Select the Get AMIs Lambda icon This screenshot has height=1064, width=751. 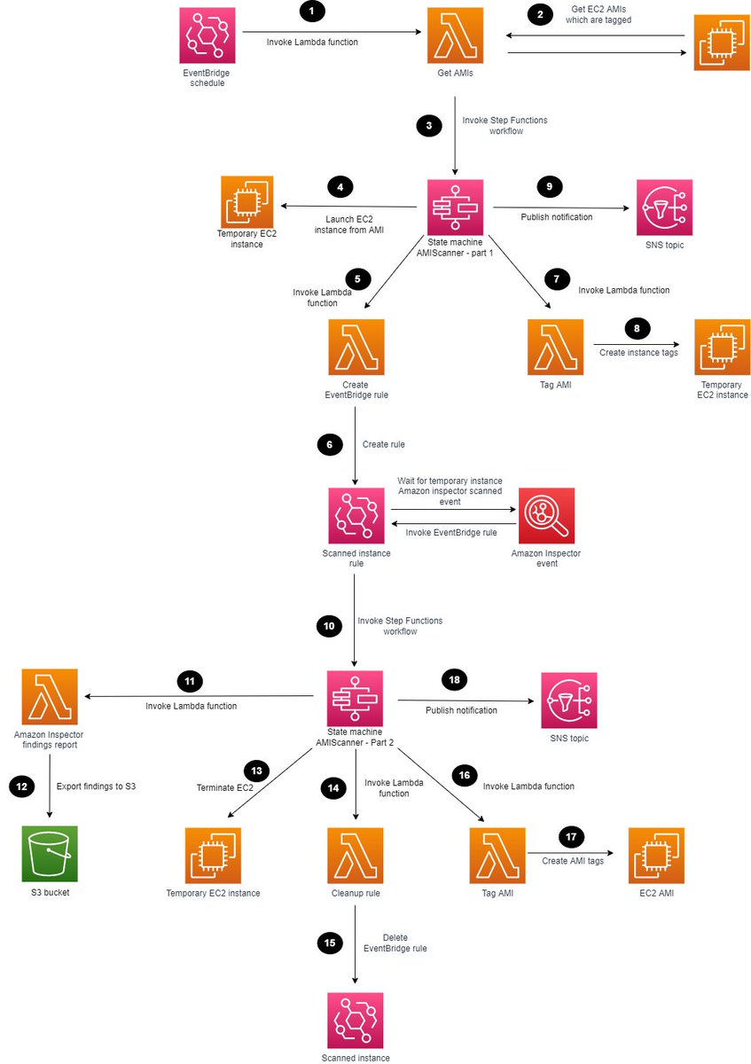click(x=455, y=35)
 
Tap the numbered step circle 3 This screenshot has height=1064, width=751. click(x=429, y=126)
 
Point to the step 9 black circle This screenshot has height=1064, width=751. click(x=550, y=187)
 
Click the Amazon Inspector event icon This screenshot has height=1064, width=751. click(x=546, y=515)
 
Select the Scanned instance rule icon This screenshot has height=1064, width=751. click(x=356, y=515)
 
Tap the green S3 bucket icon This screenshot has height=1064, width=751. click(x=50, y=853)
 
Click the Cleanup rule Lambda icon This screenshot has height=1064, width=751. click(x=356, y=856)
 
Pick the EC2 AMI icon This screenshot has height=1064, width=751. click(x=656, y=856)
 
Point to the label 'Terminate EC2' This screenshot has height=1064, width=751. click(x=225, y=787)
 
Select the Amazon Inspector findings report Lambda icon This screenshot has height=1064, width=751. click(x=50, y=697)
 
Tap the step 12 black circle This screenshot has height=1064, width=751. click(x=21, y=786)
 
